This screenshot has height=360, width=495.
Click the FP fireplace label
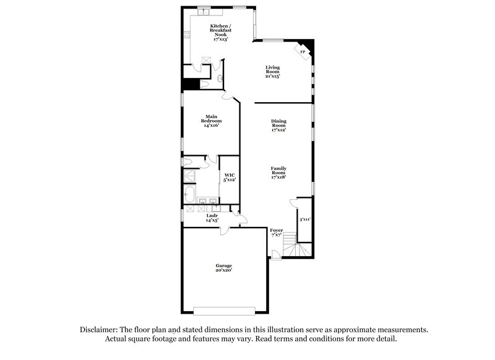pyautogui.click(x=303, y=52)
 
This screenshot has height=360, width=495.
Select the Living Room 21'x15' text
pyautogui.click(x=273, y=72)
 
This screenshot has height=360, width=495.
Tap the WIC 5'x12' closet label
pyautogui.click(x=230, y=177)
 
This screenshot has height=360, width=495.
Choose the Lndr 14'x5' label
pyautogui.click(x=212, y=218)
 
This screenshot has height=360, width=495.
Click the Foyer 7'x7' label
pyautogui.click(x=277, y=233)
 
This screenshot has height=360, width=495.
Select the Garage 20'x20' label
pyautogui.click(x=224, y=268)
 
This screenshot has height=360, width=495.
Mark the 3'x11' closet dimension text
pyautogui.click(x=304, y=219)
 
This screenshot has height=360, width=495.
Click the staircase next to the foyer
pyautogui.click(x=297, y=251)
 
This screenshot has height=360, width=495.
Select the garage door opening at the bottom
pyautogui.click(x=224, y=309)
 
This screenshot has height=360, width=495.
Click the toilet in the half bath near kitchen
pyautogui.click(x=220, y=79)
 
